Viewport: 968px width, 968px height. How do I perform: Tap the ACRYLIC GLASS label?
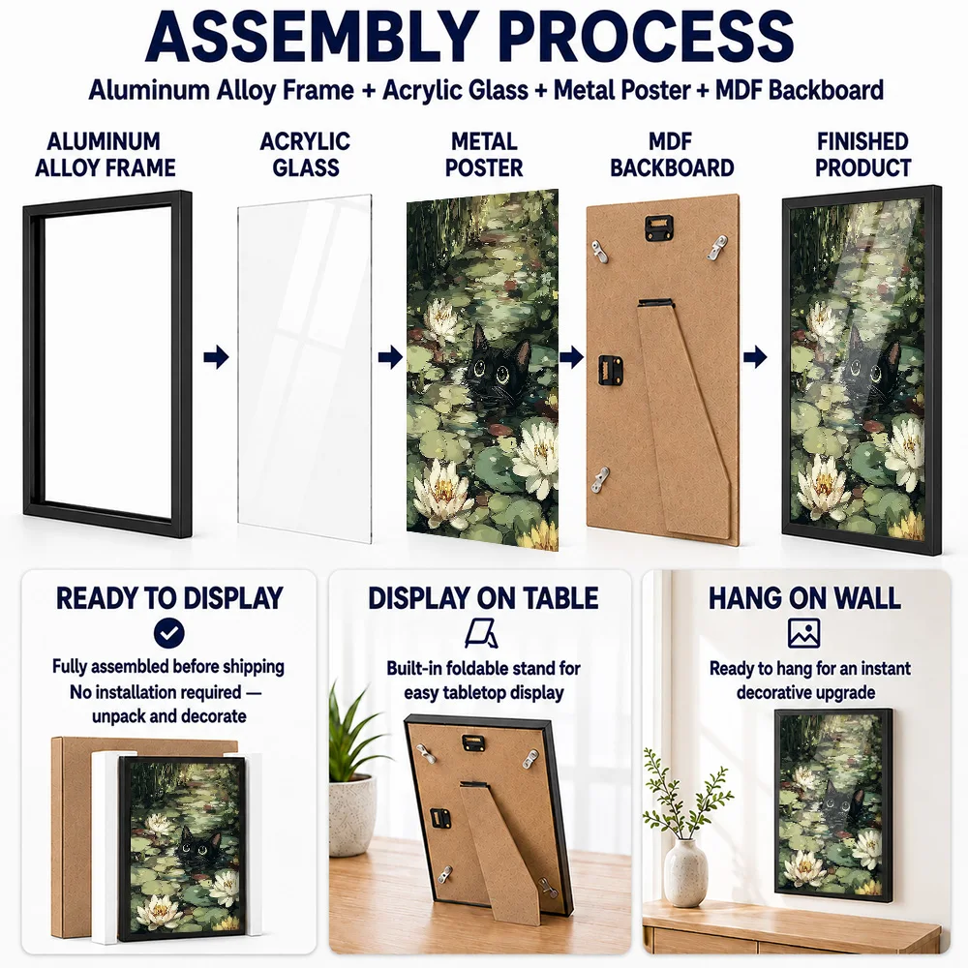point(305,154)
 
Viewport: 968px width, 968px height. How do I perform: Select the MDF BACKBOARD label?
point(672,154)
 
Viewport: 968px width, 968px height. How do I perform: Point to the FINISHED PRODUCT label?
point(863,154)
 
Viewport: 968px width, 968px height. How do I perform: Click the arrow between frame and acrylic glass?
point(216,357)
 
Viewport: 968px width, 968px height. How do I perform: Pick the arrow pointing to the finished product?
point(755,357)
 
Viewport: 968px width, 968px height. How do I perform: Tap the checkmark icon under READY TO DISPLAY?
point(168,633)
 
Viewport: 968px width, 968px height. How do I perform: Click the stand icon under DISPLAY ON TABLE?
point(481,633)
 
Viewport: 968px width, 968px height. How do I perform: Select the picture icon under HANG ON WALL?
point(803,633)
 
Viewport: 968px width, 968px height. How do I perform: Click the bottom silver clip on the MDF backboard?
point(599,479)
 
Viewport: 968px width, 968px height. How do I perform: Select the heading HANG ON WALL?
point(803,597)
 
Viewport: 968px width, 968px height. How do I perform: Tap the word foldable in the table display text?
point(474,668)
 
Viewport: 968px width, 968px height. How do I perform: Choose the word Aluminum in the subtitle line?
point(149,90)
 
